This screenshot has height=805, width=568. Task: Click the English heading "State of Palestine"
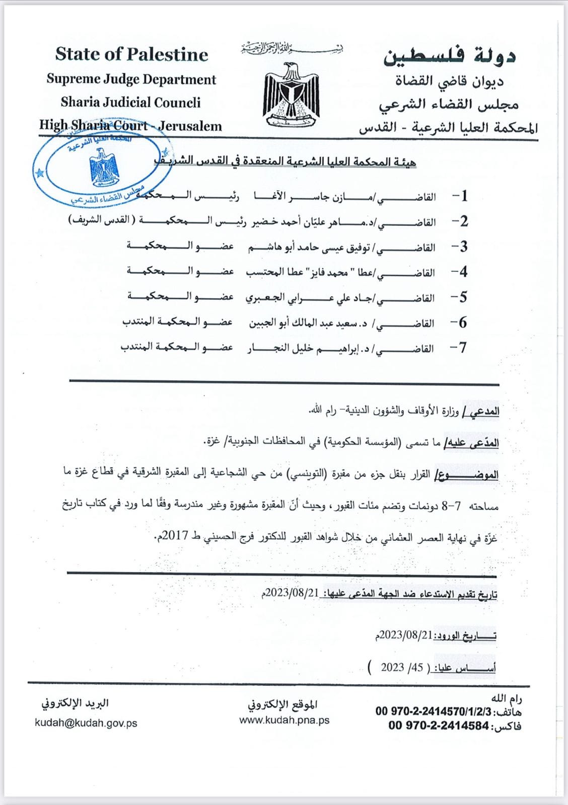pyautogui.click(x=131, y=54)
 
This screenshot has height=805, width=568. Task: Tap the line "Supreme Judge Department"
pyautogui.click(x=131, y=79)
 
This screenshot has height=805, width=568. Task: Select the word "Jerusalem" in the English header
pyautogui.click(x=190, y=126)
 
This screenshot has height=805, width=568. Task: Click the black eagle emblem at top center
pyautogui.click(x=291, y=95)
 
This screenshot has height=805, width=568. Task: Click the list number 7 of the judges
pyautogui.click(x=460, y=348)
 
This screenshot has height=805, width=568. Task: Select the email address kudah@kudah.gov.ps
pyautogui.click(x=86, y=723)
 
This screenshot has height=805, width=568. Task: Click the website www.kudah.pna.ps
pyautogui.click(x=285, y=720)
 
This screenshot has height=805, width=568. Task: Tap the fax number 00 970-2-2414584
pyautogui.click(x=439, y=726)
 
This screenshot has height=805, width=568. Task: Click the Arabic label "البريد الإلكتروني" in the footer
pyautogui.click(x=75, y=703)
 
